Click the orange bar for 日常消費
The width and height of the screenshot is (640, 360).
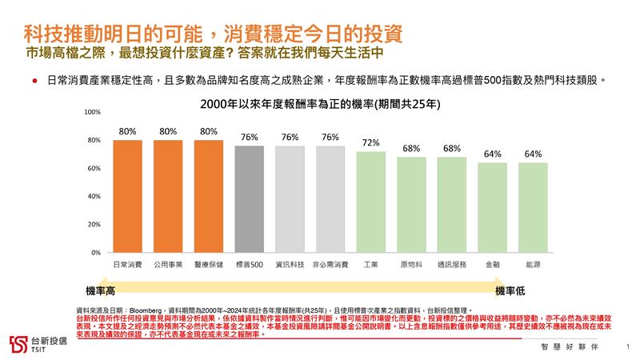coord(127,196)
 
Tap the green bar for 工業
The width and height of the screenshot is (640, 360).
coord(370,202)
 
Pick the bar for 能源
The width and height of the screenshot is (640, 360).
coord(533,207)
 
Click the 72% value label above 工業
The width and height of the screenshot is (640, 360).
coord(370,142)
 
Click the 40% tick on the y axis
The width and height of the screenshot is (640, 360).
coord(94,196)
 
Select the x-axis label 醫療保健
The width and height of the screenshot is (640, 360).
coord(208,263)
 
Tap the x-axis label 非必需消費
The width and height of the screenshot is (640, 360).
coord(330,263)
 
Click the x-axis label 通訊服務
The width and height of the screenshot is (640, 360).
coord(451,263)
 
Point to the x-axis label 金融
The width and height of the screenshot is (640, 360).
coord(492,263)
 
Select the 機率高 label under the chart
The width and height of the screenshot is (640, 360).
coord(101,290)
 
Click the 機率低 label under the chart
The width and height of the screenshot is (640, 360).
coord(510,290)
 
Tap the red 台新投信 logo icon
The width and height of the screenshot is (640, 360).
coord(18,342)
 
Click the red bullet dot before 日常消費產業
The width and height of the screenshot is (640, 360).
coord(35,81)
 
